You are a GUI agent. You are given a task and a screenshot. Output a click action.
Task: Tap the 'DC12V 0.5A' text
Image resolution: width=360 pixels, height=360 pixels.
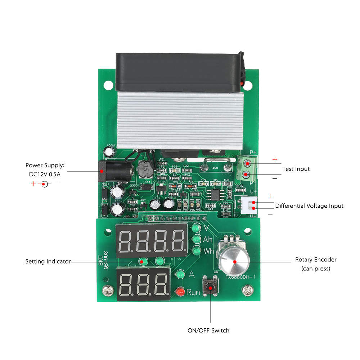(45, 174)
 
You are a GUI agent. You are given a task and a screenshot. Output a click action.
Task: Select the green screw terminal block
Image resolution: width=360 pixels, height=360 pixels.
(246, 168)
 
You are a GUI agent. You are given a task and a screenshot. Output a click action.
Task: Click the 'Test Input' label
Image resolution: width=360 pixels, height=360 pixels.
(296, 169)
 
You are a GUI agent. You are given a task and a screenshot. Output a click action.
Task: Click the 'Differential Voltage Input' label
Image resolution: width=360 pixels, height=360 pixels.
(309, 206)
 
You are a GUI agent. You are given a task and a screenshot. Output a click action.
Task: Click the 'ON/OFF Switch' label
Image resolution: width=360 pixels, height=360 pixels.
(208, 330)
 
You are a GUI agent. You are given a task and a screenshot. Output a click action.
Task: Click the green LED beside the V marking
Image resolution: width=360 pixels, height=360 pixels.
(196, 228)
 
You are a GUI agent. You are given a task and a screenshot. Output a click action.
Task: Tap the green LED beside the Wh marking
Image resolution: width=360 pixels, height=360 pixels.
(196, 251)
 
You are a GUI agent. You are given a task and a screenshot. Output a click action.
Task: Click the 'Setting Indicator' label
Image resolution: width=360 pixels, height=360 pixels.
(48, 261)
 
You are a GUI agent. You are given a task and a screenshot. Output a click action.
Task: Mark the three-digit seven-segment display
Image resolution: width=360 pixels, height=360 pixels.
(143, 284)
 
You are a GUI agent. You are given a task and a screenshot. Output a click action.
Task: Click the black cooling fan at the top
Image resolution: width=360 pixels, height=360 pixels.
(178, 71)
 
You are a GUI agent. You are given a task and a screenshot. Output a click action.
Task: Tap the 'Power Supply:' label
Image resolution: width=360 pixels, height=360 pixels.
(45, 165)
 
